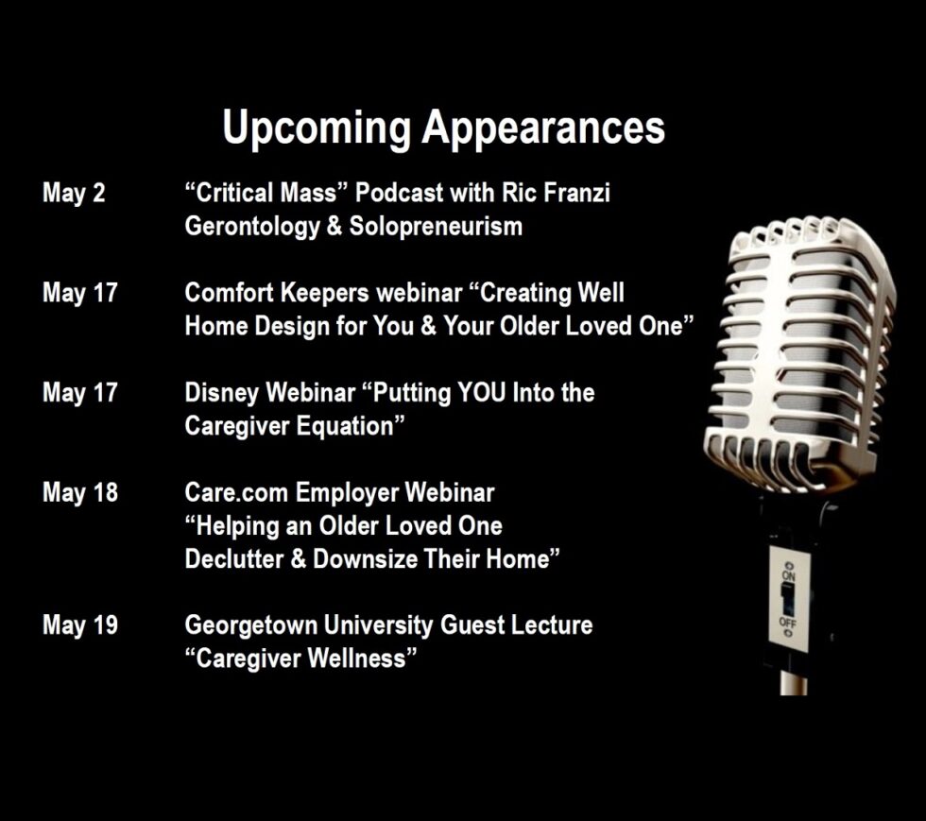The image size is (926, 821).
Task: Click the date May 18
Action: coord(80,493)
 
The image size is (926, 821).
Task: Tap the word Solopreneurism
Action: coord(436,226)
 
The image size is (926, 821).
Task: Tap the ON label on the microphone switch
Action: coord(789,575)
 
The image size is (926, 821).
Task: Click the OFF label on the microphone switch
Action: coord(788,624)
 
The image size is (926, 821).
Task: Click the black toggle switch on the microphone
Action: coord(787,598)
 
